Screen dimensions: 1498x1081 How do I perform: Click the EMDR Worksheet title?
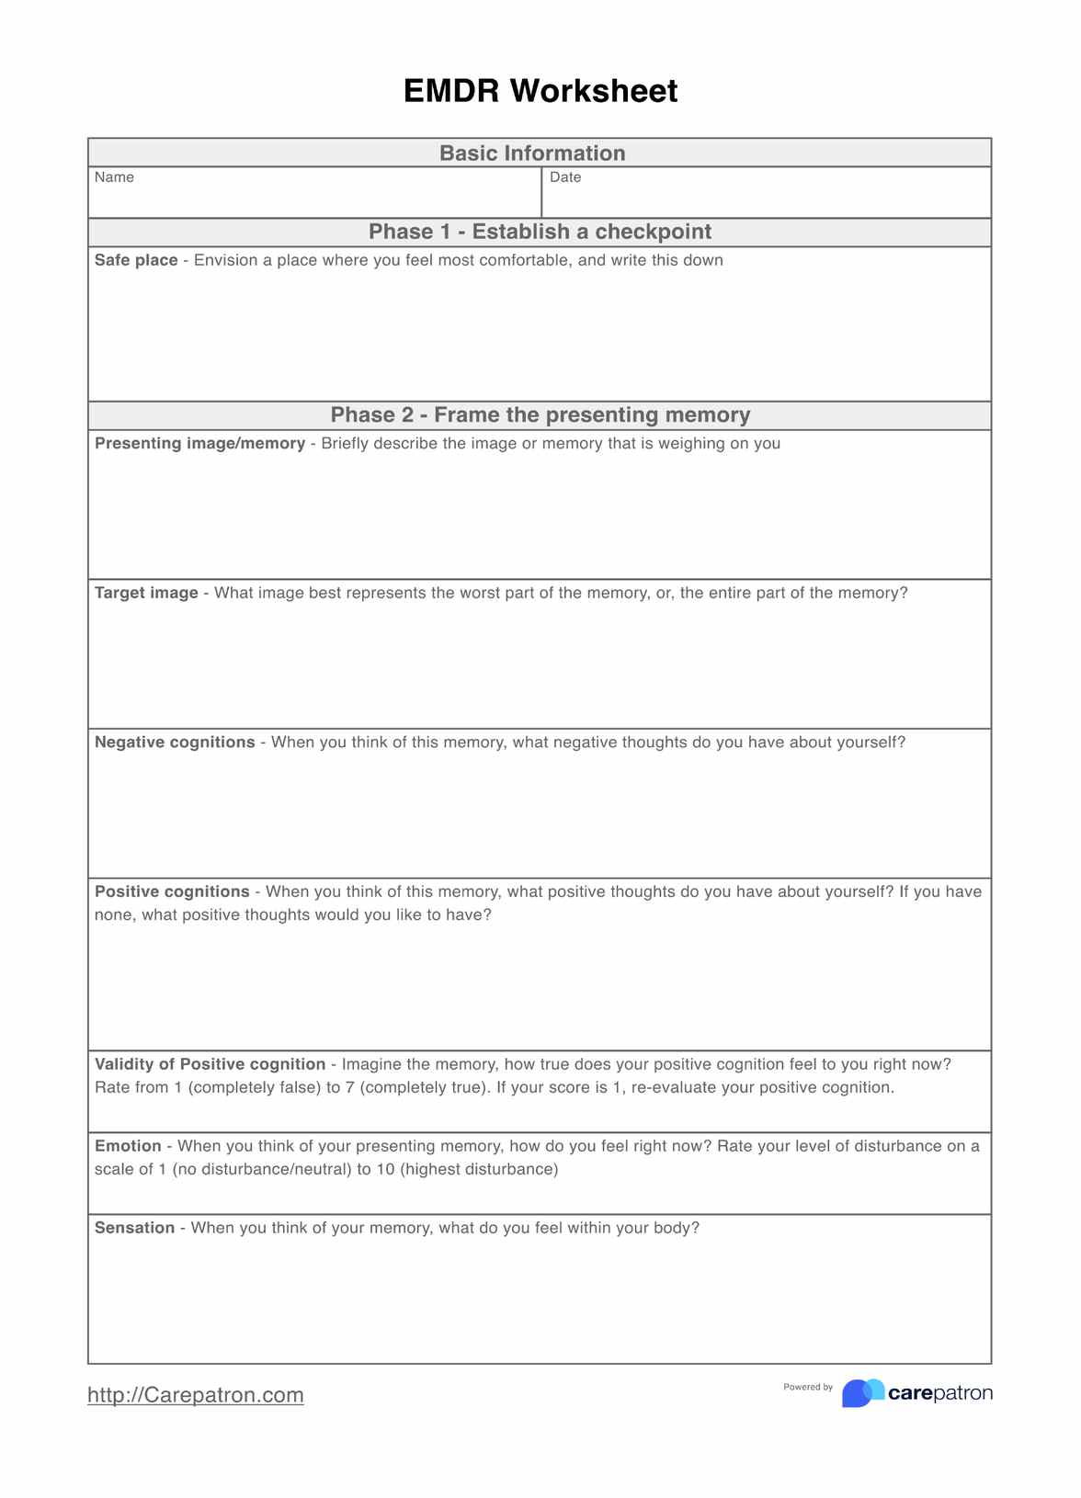pyautogui.click(x=540, y=91)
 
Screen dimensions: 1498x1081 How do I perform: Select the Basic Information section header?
pyautogui.click(x=532, y=153)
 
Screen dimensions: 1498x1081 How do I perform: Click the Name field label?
pyautogui.click(x=114, y=177)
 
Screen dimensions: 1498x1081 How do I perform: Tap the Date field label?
pyautogui.click(x=565, y=177)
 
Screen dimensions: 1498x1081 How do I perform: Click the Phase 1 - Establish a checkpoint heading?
pyautogui.click(x=540, y=232)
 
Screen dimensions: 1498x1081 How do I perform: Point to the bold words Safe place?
pyautogui.click(x=136, y=260)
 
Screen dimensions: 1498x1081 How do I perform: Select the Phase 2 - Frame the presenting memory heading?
pyautogui.click(x=540, y=414)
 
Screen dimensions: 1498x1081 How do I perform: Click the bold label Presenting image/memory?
pyautogui.click(x=199, y=443)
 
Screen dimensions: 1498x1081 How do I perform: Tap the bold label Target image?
pyautogui.click(x=146, y=593)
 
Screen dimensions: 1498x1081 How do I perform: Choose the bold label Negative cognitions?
pyautogui.click(x=175, y=742)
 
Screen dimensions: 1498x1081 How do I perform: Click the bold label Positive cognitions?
pyautogui.click(x=172, y=891)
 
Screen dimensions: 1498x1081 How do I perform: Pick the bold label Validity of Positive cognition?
pyautogui.click(x=210, y=1064)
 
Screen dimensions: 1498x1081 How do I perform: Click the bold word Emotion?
pyautogui.click(x=128, y=1146)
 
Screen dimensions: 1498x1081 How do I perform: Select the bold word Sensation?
pyautogui.click(x=134, y=1228)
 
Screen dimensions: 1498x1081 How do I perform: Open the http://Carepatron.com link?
pyautogui.click(x=196, y=1395)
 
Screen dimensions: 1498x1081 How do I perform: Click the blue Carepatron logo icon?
pyautogui.click(x=862, y=1393)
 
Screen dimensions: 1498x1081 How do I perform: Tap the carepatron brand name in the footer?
pyautogui.click(x=940, y=1393)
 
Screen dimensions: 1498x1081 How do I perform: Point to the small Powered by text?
pyautogui.click(x=808, y=1387)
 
